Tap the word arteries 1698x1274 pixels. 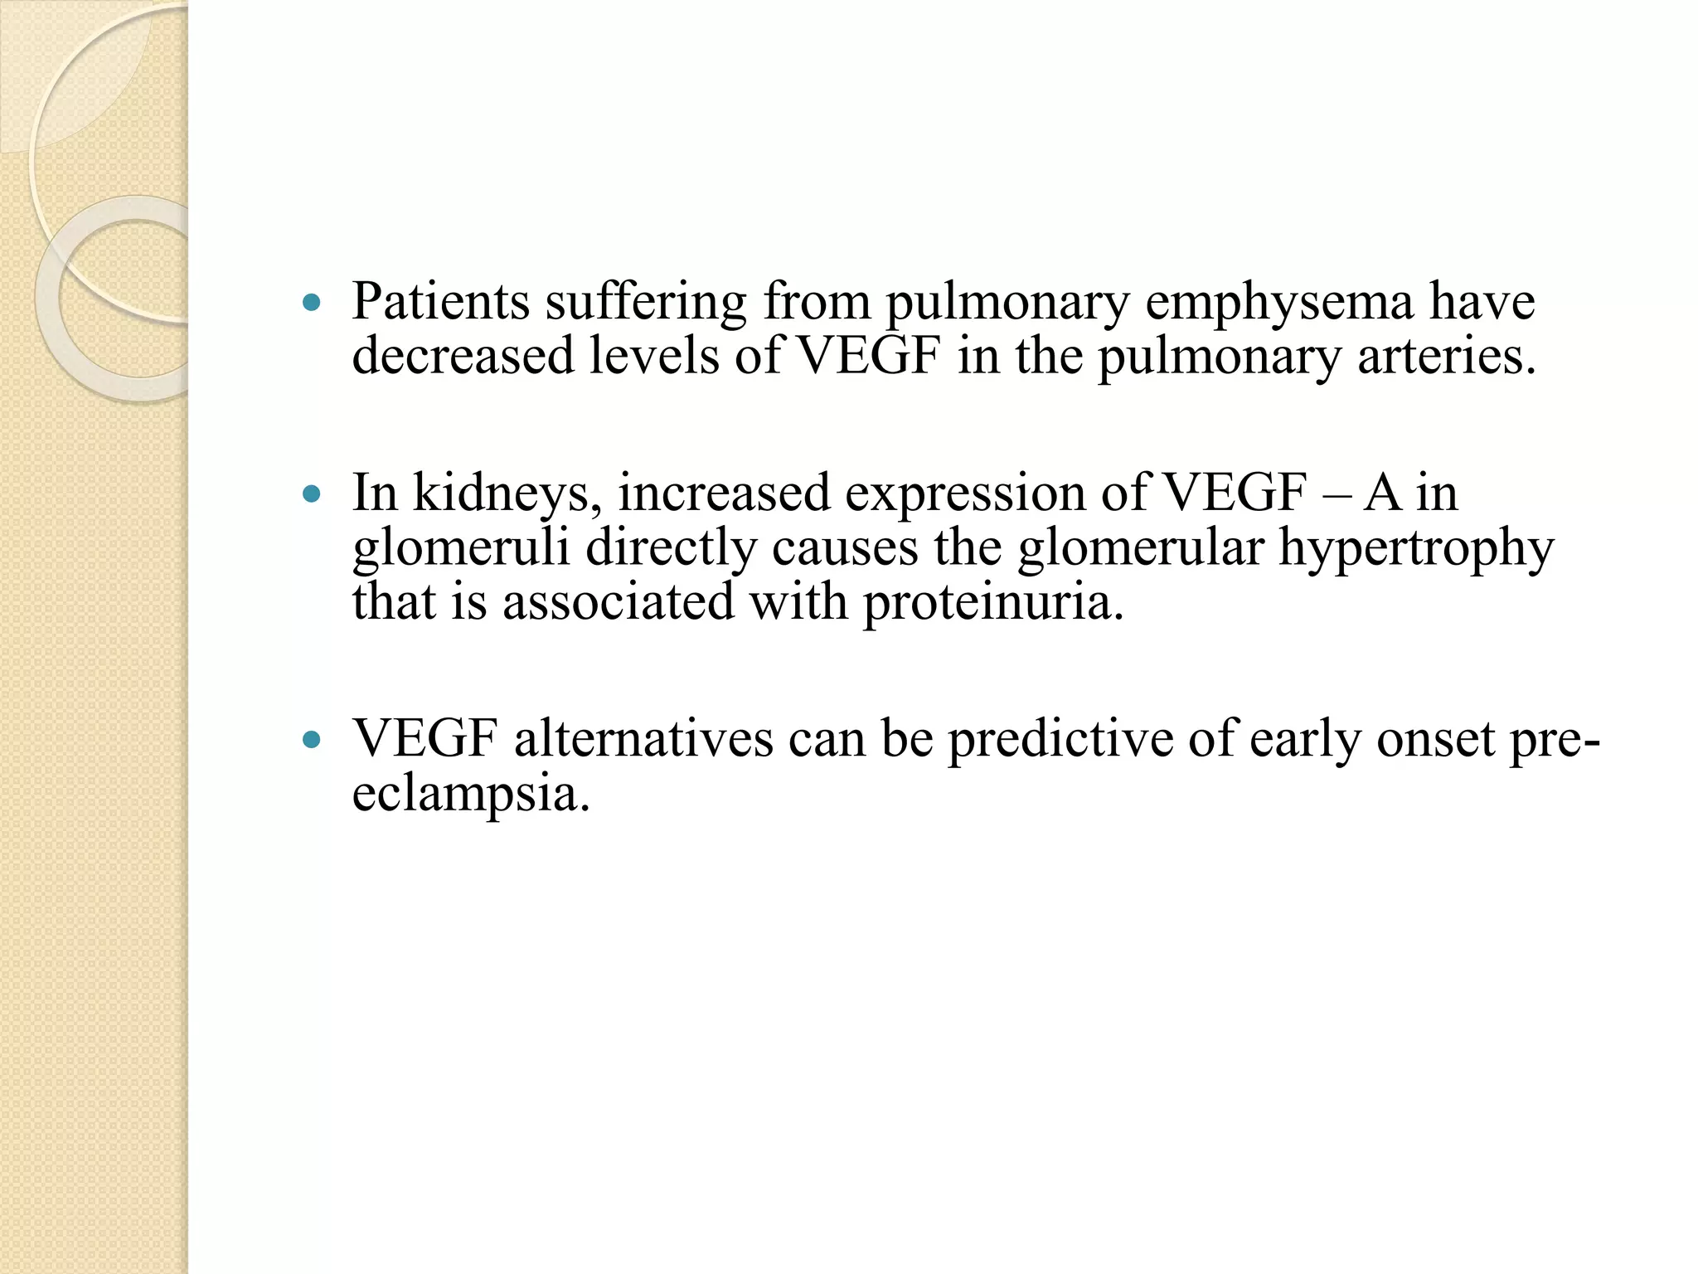pos(1446,357)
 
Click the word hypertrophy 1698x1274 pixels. pos(1415,549)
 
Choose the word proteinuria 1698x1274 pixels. pos(993,603)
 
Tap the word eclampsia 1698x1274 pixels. pos(471,795)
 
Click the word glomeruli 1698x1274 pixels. pos(461,549)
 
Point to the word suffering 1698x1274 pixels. pos(646,302)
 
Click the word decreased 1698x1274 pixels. pos(463,357)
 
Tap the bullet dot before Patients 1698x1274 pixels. pos(311,304)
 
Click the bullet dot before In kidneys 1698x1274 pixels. pos(311,495)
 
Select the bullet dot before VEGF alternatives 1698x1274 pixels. pos(311,740)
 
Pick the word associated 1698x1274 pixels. pos(618,601)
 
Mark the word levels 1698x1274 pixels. pos(653,357)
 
